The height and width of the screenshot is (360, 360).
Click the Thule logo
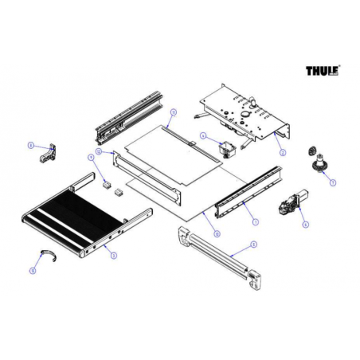pyautogui.click(x=323, y=72)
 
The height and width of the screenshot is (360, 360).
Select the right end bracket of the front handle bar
pyautogui.click(x=258, y=273)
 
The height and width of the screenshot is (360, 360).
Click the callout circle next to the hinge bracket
pyautogui.click(x=30, y=146)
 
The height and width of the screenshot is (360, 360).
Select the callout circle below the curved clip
pyautogui.click(x=33, y=271)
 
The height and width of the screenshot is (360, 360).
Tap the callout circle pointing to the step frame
pyautogui.click(x=114, y=255)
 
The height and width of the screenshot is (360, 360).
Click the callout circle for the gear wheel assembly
pyautogui.click(x=332, y=182)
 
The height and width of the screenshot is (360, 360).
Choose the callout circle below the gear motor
pyautogui.click(x=305, y=225)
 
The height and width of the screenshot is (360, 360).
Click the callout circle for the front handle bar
pyautogui.click(x=252, y=243)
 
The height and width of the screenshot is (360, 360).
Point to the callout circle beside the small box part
pyautogui.click(x=203, y=135)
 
